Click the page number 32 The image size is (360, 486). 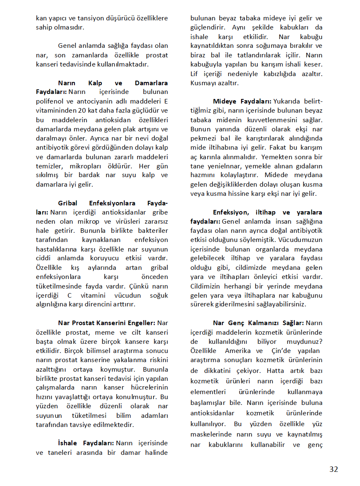pyautogui.click(x=333, y=469)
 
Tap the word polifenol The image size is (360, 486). pyautogui.click(x=51, y=101)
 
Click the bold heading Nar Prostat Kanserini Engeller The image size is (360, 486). pyautogui.click(x=106, y=323)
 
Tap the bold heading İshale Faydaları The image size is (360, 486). pyautogui.click(x=86, y=443)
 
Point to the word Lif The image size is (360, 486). pyautogui.click(x=195, y=74)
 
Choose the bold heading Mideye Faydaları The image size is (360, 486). pyautogui.click(x=242, y=101)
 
